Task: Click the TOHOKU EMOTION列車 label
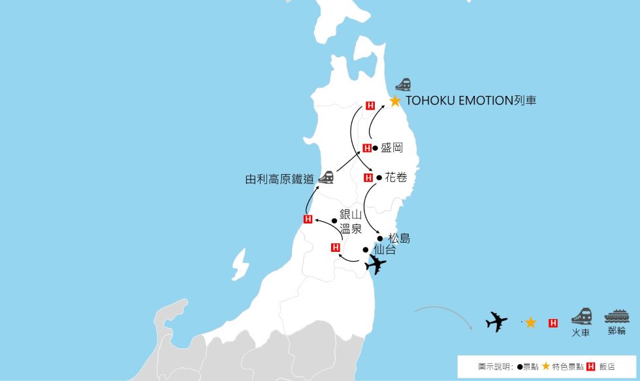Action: click(x=471, y=101)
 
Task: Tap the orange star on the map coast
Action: click(x=394, y=101)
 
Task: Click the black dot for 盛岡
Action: click(x=375, y=148)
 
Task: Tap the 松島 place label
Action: click(x=398, y=238)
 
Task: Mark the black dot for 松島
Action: click(x=380, y=239)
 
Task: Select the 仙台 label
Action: click(x=385, y=249)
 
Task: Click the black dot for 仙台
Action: click(x=366, y=249)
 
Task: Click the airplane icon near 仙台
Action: click(x=376, y=264)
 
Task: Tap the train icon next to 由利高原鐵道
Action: click(x=327, y=176)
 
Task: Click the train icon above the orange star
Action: click(x=404, y=84)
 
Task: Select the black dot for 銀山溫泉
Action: click(x=334, y=221)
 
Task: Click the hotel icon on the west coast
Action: click(x=308, y=219)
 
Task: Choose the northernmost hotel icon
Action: click(x=370, y=105)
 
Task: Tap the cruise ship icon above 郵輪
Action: click(x=616, y=316)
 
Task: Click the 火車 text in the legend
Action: click(x=581, y=333)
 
